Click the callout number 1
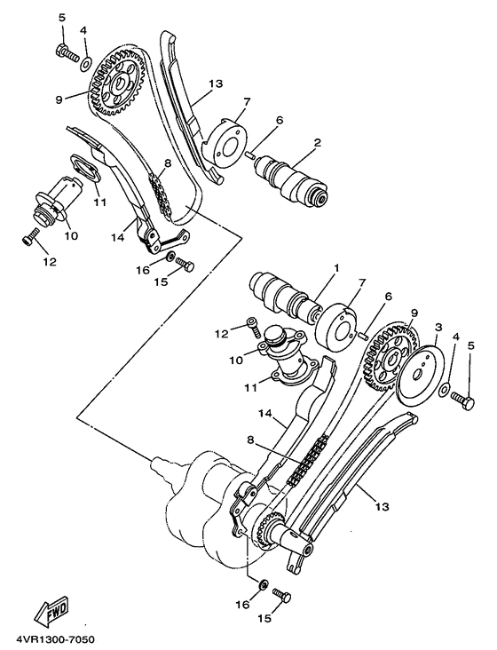tap(336, 267)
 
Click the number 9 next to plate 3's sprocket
tap(413, 313)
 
